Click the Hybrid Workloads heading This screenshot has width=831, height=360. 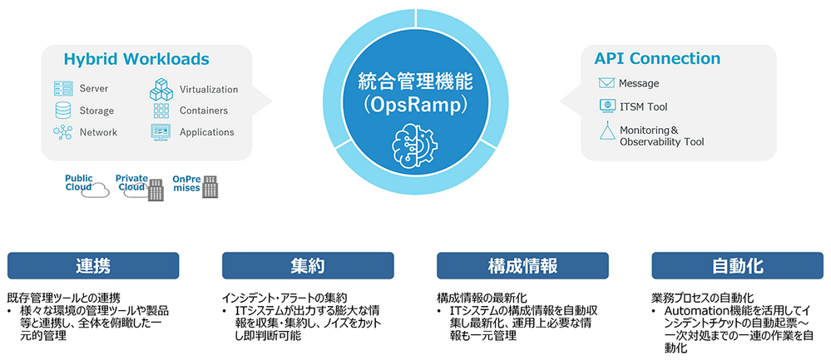tap(136, 59)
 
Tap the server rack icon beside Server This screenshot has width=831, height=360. tap(63, 89)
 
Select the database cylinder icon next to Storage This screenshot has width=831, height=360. tap(63, 111)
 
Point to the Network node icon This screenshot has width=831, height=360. tap(62, 132)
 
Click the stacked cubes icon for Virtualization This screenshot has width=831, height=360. tap(161, 90)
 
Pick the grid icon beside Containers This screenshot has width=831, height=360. tap(161, 111)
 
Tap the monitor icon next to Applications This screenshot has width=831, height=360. tap(161, 132)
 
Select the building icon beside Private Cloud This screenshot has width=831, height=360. tap(156, 190)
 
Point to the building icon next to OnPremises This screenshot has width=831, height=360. tap(211, 187)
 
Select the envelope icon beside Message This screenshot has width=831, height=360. tap(606, 83)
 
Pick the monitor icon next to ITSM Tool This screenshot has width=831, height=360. tap(606, 106)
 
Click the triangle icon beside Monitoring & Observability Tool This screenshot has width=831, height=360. tap(606, 132)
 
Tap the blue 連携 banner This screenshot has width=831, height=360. tap(93, 265)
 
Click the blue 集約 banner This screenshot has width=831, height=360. tap(308, 265)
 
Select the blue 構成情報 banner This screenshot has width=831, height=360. tap(522, 265)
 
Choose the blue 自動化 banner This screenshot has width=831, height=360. tap(737, 265)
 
